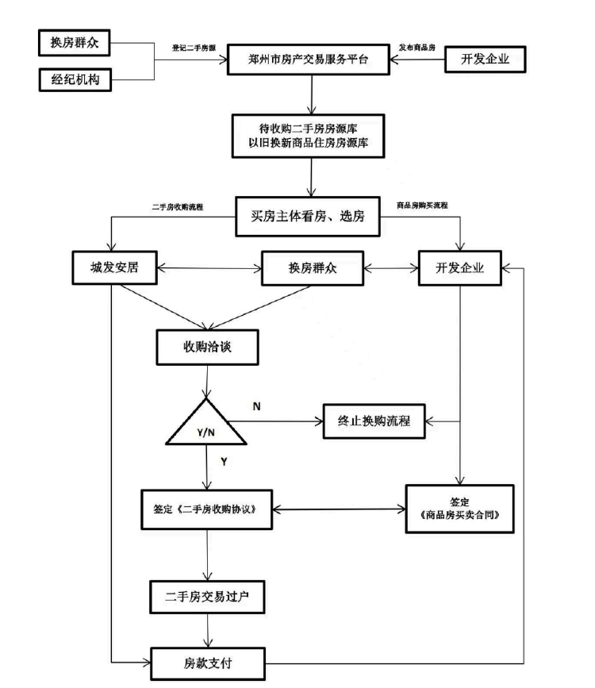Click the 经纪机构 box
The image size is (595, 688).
point(75,79)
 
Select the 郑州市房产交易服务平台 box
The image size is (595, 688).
point(308,60)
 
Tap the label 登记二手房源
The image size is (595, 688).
point(194,48)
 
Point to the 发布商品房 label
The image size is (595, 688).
point(416,48)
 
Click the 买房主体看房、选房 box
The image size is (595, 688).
point(308,217)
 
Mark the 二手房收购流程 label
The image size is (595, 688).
point(178,206)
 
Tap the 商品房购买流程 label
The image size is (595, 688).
point(422,205)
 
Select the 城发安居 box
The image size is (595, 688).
point(114,267)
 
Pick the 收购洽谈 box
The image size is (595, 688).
point(207,347)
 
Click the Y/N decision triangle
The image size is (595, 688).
point(205,423)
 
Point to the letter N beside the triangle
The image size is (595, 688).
point(257,407)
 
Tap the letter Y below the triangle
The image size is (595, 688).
point(224,462)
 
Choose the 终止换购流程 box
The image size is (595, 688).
point(374,421)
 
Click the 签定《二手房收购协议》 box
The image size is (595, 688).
point(207,509)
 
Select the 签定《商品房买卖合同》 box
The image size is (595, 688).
point(459,509)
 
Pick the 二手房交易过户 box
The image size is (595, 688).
point(207,597)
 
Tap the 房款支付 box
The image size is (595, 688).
point(208,663)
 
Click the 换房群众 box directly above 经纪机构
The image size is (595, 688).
point(74,43)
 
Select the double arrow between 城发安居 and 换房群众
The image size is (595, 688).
point(209,268)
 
